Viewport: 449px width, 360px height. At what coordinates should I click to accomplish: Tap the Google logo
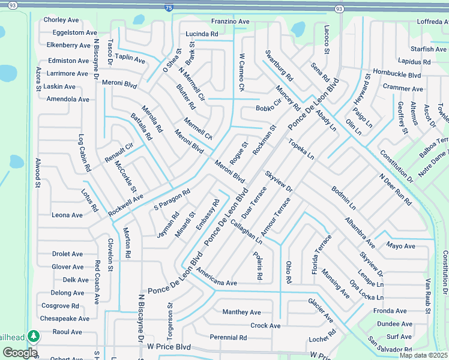(x=20, y=353)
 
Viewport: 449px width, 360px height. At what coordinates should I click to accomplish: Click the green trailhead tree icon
(x=35, y=336)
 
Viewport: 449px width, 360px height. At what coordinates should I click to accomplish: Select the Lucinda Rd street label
(x=202, y=34)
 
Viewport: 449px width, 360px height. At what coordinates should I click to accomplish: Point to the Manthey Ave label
(x=241, y=312)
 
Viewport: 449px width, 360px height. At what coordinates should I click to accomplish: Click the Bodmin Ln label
(x=344, y=197)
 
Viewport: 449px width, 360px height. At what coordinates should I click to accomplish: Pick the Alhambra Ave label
(x=360, y=233)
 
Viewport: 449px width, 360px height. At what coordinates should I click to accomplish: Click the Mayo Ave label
(x=401, y=246)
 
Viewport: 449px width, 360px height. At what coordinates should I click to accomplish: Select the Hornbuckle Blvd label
(x=397, y=76)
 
